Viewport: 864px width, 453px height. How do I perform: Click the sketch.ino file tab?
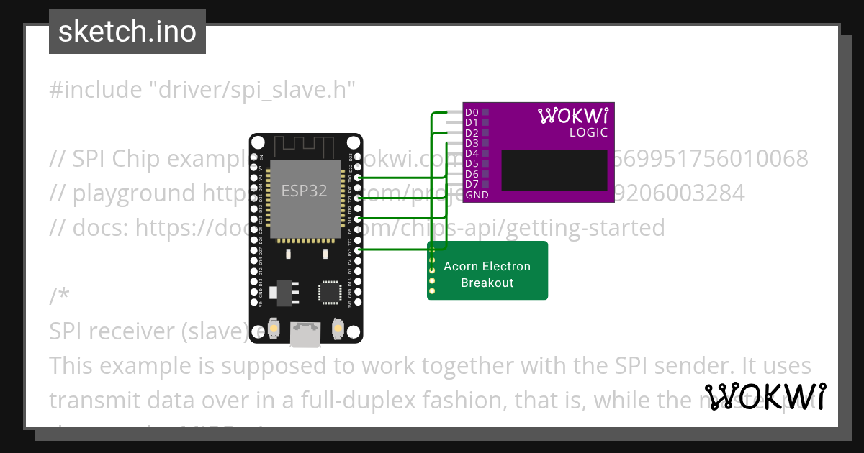(127, 32)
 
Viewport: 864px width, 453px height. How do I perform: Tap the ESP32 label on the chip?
(304, 191)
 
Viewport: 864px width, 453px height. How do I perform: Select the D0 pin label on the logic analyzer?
(472, 112)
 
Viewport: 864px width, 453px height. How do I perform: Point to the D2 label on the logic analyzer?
(472, 133)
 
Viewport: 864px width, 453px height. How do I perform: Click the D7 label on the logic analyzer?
(472, 185)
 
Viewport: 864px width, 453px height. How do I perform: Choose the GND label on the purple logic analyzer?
(477, 195)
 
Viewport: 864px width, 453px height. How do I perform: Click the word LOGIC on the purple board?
(588, 133)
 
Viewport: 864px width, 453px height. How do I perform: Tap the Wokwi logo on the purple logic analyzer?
(573, 115)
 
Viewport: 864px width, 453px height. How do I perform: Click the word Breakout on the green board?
(487, 283)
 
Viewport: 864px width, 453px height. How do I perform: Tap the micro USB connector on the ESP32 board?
(306, 334)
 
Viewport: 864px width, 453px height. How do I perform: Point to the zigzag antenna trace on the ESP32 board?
(305, 147)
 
